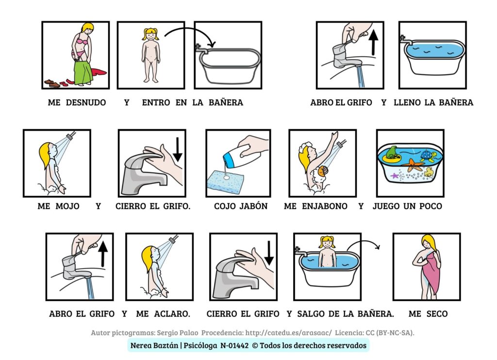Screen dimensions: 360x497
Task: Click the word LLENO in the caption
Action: coord(408,103)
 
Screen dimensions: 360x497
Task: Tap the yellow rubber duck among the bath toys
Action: coord(429,171)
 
